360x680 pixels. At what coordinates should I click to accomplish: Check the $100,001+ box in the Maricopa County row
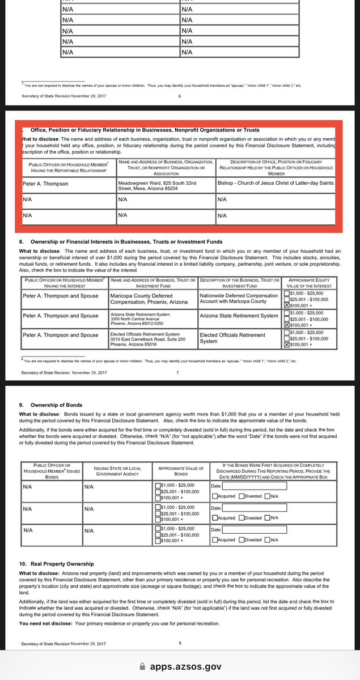coord(286,304)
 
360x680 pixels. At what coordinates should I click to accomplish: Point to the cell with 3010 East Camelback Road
coord(154,339)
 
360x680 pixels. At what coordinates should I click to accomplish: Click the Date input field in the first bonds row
coord(255,486)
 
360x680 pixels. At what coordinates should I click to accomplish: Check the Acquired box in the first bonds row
coord(215,496)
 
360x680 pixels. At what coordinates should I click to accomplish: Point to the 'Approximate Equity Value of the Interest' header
coord(311,283)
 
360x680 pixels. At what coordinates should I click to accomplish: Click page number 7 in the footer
coord(177,373)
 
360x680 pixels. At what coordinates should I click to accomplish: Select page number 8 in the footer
coord(180,643)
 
